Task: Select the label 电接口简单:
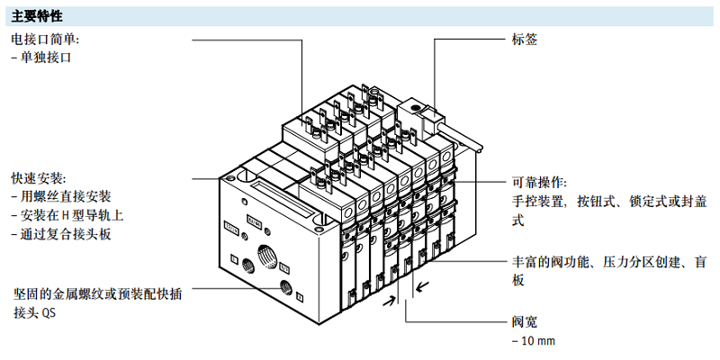point(45,40)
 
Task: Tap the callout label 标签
point(524,40)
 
